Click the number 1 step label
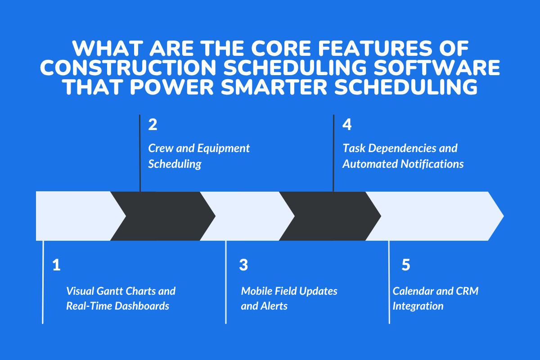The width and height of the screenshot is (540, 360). point(56,265)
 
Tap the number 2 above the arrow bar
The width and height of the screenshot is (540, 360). point(153,125)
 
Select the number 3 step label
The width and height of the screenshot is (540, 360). point(243,265)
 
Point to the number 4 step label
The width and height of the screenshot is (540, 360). point(346,125)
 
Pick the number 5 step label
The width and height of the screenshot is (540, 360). point(405,265)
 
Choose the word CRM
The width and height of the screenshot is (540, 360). point(468,291)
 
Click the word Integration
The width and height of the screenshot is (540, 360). point(418,306)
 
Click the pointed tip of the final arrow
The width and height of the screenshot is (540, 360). point(502,216)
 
